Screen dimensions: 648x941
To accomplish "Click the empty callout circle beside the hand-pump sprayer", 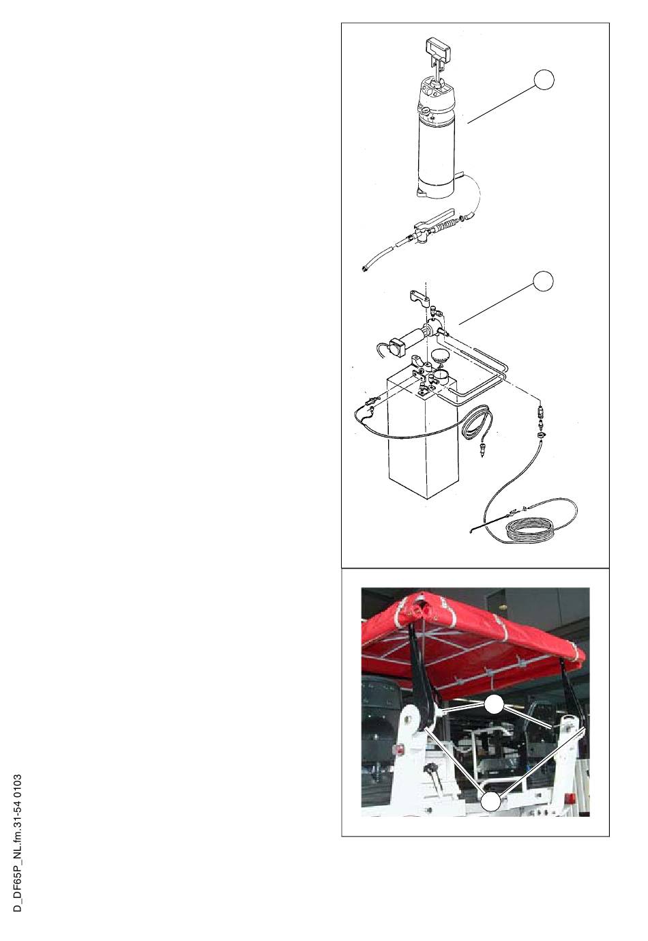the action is (x=544, y=80).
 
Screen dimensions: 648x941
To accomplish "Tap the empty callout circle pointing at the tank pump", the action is (x=542, y=280).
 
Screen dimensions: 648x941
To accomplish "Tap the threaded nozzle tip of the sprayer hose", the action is (x=364, y=267).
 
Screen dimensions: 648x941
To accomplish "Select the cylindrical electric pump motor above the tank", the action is (x=421, y=336).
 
